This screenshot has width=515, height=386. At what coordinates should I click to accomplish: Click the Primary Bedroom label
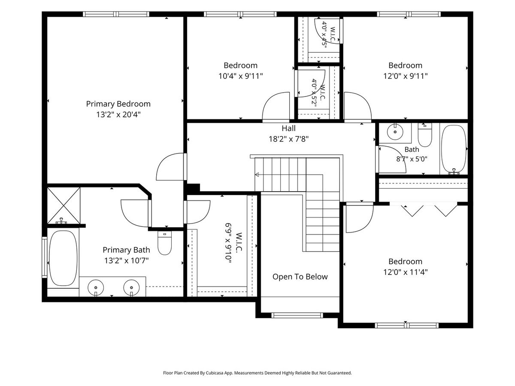click(x=118, y=104)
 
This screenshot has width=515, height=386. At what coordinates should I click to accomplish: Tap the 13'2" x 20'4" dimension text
click(x=118, y=115)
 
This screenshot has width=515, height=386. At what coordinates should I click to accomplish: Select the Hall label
click(x=288, y=128)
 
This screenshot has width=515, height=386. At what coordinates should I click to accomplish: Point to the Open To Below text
click(x=300, y=277)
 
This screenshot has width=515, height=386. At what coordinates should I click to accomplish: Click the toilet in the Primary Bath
click(x=164, y=243)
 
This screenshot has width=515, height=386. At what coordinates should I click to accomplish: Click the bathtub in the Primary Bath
click(x=63, y=258)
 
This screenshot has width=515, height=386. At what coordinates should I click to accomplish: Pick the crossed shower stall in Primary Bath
click(x=64, y=205)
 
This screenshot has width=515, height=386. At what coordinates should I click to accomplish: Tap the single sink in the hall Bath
click(x=395, y=132)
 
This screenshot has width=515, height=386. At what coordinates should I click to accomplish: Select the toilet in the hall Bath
click(x=425, y=135)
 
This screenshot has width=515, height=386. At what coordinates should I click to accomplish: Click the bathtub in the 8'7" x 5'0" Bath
click(x=454, y=150)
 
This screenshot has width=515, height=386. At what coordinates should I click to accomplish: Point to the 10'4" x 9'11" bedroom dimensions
click(x=241, y=76)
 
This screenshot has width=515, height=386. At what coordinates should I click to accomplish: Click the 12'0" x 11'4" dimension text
click(x=406, y=272)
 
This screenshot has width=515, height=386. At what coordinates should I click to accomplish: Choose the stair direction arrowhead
click(x=257, y=175)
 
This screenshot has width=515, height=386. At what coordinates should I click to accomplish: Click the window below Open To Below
click(x=297, y=315)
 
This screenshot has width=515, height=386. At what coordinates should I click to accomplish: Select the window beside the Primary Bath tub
click(x=44, y=257)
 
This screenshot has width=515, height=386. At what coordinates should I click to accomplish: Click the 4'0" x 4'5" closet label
click(x=324, y=35)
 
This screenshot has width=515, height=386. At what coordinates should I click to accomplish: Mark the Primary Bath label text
click(x=126, y=250)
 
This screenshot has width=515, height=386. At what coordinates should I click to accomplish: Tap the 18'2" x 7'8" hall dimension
click(x=288, y=139)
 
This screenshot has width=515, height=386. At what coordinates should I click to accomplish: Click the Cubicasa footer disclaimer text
click(x=257, y=373)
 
